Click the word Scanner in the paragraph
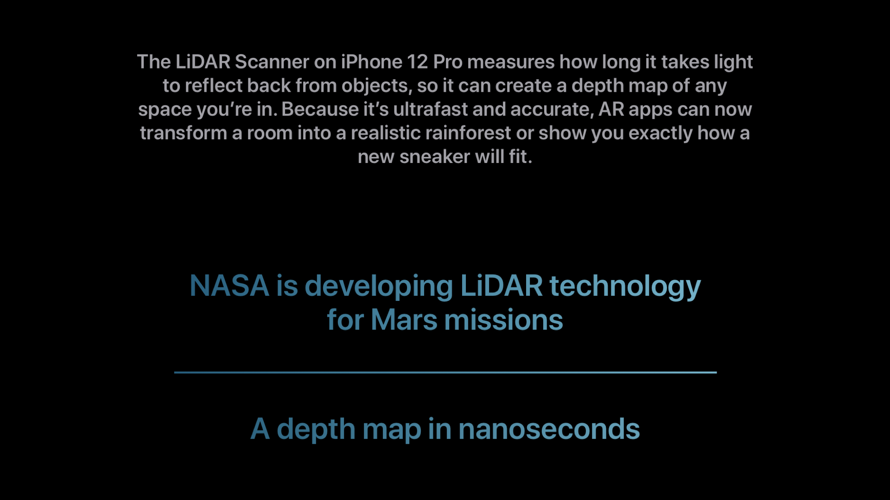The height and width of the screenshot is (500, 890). (272, 62)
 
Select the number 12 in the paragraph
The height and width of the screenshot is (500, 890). (418, 62)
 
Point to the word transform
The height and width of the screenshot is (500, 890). (184, 133)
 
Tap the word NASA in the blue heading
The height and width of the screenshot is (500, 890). (229, 286)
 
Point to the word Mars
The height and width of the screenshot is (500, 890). (404, 320)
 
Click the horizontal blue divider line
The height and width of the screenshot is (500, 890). (445, 372)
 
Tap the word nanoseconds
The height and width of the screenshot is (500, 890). (549, 429)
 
